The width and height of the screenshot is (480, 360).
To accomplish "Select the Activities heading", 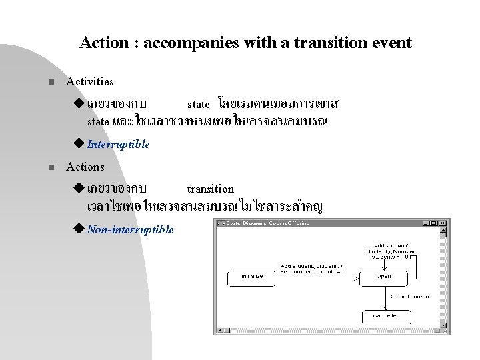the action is click(x=90, y=82).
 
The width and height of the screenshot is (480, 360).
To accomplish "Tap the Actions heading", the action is click(x=85, y=167).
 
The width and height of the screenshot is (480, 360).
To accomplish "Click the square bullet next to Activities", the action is click(x=43, y=82).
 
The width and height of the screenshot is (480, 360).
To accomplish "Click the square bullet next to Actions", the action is click(x=43, y=167).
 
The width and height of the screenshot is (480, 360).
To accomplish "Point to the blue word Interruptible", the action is click(x=118, y=145).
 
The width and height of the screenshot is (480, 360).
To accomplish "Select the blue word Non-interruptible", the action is click(x=130, y=229).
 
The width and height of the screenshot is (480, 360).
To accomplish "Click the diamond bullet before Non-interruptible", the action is click(x=81, y=229).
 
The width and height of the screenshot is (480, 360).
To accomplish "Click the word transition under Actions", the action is click(x=210, y=189).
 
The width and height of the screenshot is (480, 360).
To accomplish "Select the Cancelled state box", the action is click(x=386, y=317).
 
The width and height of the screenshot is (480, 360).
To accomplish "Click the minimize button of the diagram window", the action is click(x=427, y=222).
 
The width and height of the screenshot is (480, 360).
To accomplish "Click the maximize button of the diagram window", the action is click(x=435, y=222).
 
